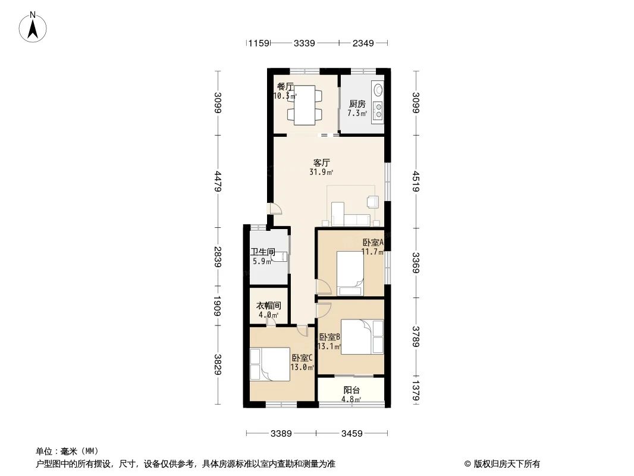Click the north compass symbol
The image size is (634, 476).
tap(33, 26)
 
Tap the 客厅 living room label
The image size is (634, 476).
tap(322, 162)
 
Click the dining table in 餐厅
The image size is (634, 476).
tap(305, 105)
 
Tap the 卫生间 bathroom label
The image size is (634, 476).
tap(262, 252)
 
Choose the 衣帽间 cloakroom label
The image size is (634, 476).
tap(268, 306)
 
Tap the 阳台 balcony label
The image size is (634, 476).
tap(351, 390)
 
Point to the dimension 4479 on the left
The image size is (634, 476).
tap(218, 181)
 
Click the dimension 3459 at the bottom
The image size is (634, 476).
tap(352, 434)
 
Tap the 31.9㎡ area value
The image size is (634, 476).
tap(321, 173)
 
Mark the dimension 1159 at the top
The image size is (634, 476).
tap(259, 43)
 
